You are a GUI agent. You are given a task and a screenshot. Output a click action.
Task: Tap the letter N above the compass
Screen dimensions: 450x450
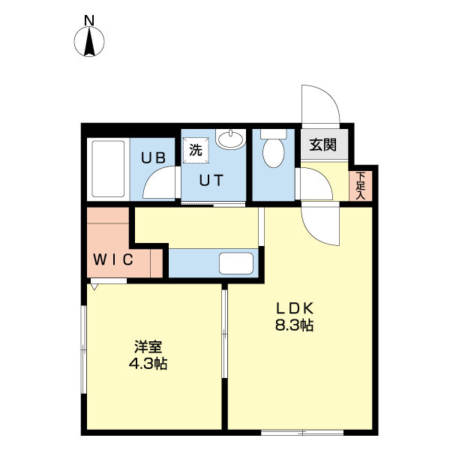(89, 20)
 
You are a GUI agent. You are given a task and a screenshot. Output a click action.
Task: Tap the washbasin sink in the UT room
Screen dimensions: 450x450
(230, 139)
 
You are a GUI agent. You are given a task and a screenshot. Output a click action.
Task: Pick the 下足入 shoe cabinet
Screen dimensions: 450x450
(360, 186)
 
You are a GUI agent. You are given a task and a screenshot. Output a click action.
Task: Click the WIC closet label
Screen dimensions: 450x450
(113, 260)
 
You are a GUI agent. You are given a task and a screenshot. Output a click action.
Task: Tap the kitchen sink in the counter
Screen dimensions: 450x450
(237, 263)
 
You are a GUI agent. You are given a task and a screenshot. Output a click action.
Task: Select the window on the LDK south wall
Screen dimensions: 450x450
(302, 431)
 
